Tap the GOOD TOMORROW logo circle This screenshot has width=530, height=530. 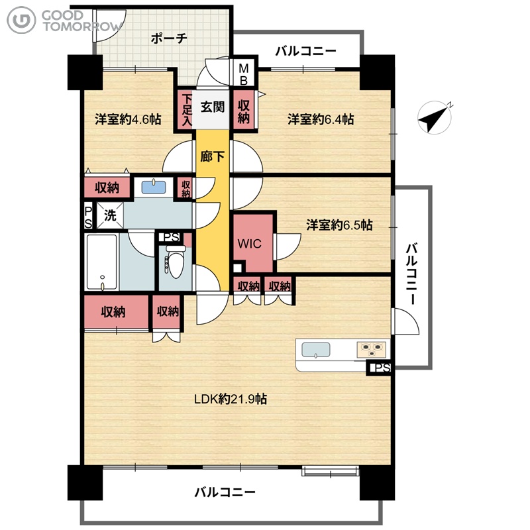pos(21,20)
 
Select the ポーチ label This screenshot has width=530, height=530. pos(169,38)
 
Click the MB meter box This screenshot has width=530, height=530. pos(244,74)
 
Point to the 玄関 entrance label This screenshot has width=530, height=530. pos(213,107)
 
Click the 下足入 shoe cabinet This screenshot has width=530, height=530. pos(187,110)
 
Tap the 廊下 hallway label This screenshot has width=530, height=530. pos(213,156)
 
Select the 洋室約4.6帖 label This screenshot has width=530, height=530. pos(128,119)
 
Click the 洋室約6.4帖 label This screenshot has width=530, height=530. pos(321,119)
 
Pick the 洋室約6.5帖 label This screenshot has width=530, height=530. pos(339,225)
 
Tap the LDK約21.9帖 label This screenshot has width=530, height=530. pos(231,399)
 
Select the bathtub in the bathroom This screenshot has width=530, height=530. pos(102,262)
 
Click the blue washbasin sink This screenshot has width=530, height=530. pos(154,187)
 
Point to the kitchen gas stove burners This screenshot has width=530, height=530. pos(372,350)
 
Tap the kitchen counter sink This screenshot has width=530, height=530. pos(316,350)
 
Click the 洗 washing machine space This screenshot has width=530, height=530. pos(110,215)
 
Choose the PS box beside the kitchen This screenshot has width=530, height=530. pos(378,368)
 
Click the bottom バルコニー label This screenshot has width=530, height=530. pos(225,492)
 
